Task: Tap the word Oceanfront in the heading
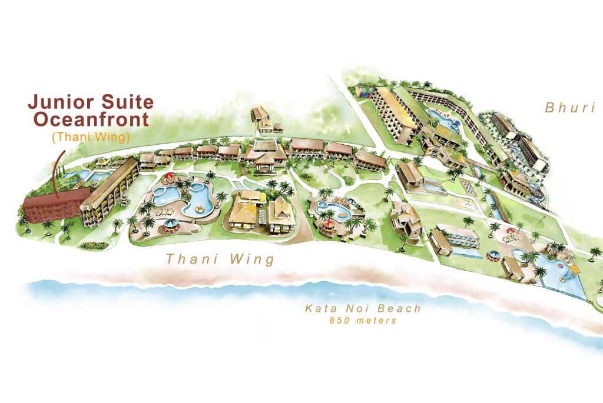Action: [x=91, y=119]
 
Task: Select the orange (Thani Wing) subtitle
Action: [x=91, y=136]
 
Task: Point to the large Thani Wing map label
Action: [x=220, y=259]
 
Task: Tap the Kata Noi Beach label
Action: [x=363, y=308]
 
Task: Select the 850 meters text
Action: [x=363, y=321]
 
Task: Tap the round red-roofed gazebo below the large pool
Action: [x=170, y=226]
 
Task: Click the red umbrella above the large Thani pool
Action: [x=170, y=175]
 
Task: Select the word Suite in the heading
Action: [x=126, y=102]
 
